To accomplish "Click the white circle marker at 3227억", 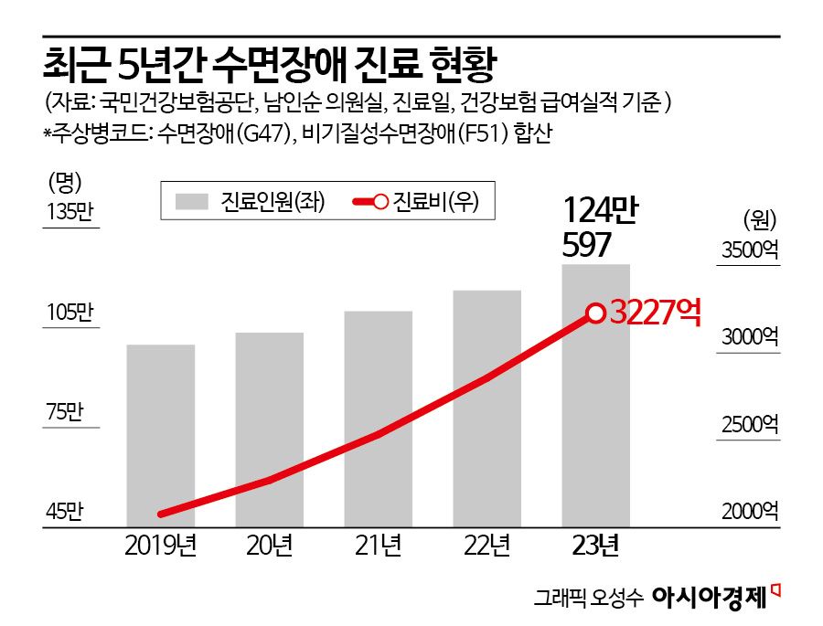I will click(595, 313).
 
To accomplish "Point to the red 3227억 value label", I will click(654, 313).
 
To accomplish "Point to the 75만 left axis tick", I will click(65, 412).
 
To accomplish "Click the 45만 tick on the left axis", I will click(65, 512).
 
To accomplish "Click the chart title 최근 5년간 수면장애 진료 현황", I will click(273, 66).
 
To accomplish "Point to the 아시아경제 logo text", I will click(709, 597).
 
